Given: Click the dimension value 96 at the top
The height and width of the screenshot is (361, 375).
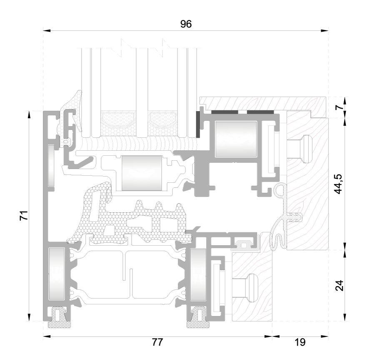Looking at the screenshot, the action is click(x=186, y=24).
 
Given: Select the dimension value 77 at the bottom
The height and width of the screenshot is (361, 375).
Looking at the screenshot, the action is click(x=157, y=342).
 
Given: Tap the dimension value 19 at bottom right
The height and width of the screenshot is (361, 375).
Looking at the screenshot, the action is click(x=300, y=342).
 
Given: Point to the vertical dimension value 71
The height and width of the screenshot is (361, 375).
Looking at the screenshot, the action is click(x=24, y=216).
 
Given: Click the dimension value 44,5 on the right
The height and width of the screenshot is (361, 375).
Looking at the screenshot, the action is click(x=339, y=184).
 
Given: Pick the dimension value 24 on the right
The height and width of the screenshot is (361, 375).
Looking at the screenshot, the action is click(x=339, y=286).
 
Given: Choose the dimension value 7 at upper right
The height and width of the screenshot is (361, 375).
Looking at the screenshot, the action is click(x=339, y=107).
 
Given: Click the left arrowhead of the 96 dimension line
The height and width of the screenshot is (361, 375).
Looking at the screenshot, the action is click(x=47, y=30).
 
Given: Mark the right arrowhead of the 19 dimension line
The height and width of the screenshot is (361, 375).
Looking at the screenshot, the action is click(x=325, y=336).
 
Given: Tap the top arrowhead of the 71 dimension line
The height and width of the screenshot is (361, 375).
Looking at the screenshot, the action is click(x=29, y=115).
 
